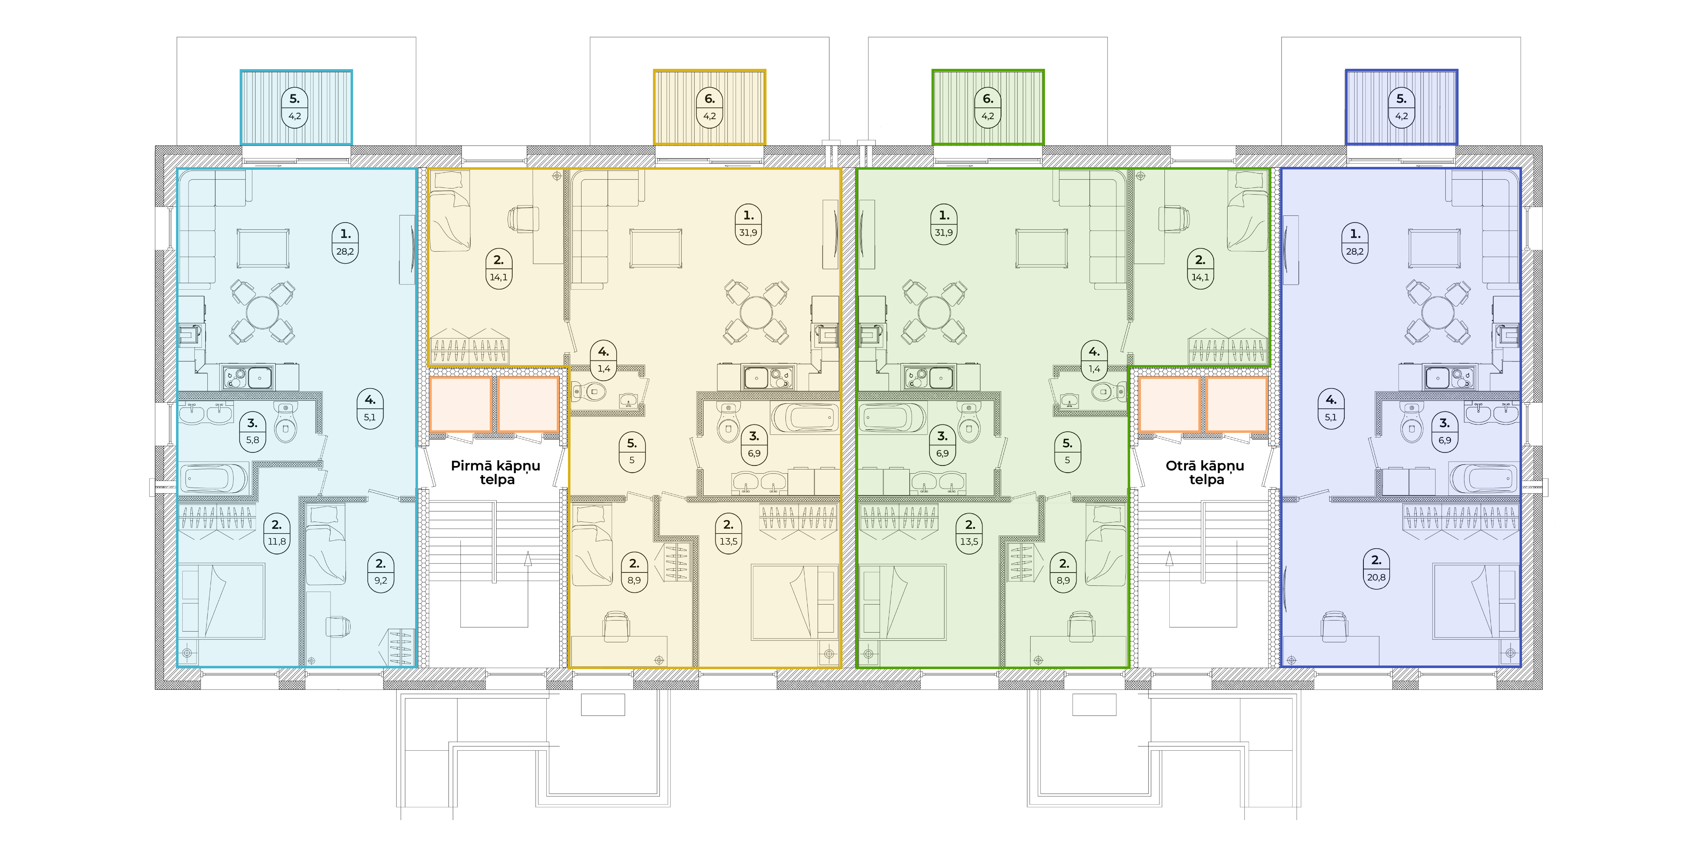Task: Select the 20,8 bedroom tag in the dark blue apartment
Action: point(1376,569)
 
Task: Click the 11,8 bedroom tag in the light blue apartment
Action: point(277,533)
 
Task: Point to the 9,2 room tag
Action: point(381,573)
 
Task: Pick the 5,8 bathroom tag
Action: point(252,432)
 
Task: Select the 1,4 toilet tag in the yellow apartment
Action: point(604,360)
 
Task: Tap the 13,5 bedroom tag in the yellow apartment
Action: point(728,533)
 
